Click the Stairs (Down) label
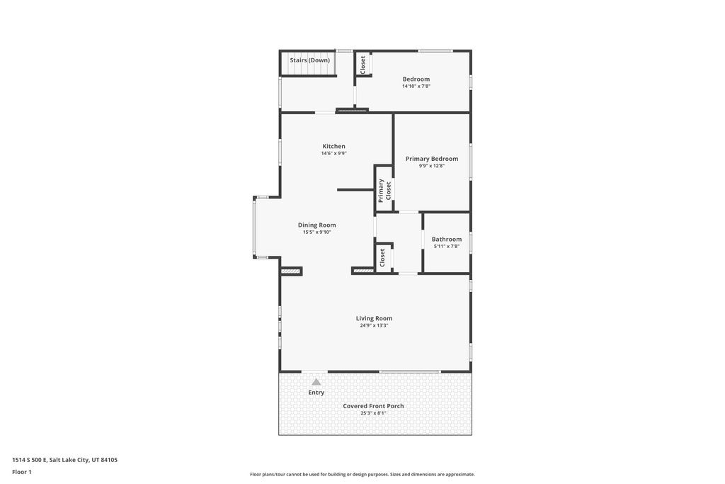[x=309, y=60]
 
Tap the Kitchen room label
[x=333, y=146]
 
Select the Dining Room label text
[x=316, y=225]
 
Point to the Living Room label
[x=374, y=318]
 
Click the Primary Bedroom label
[x=431, y=159]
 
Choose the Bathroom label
[x=446, y=240]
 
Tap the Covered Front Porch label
[x=373, y=406]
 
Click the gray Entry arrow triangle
[x=316, y=382]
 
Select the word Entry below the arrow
[x=316, y=393]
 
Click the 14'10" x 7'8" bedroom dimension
[x=416, y=86]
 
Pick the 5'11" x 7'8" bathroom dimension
[x=446, y=247]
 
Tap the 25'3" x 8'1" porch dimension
[x=373, y=413]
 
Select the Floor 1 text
[x=22, y=471]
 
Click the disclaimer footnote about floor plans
[x=362, y=475]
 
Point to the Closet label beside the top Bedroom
[x=363, y=65]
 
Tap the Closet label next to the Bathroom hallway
[x=382, y=257]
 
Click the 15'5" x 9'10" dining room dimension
[x=316, y=232]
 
